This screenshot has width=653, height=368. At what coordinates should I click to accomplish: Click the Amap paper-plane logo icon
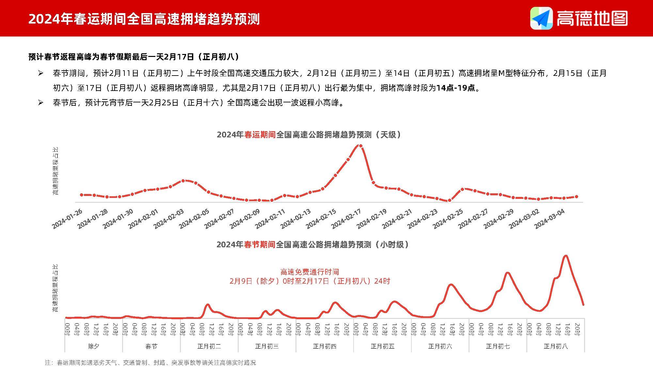[541, 18]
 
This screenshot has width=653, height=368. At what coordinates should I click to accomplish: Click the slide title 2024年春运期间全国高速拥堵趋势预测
[144, 19]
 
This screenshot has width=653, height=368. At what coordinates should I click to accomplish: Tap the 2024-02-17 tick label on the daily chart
[346, 219]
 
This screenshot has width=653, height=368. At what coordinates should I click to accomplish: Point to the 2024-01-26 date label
[67, 219]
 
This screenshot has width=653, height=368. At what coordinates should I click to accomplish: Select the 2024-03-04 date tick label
[549, 219]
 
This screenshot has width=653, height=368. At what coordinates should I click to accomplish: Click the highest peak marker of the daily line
[360, 146]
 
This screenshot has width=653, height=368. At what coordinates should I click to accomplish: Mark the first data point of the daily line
[82, 195]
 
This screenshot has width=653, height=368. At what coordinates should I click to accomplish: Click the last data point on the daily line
[576, 197]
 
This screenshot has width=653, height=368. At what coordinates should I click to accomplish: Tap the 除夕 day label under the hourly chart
[94, 346]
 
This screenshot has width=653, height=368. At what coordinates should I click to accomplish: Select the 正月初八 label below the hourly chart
[555, 346]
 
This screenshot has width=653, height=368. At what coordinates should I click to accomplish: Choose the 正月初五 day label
[382, 346]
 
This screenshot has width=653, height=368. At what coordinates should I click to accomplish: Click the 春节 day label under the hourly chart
[151, 346]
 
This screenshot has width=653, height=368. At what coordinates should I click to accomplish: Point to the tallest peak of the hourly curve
[566, 256]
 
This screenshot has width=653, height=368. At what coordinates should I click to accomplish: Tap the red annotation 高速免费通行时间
[310, 272]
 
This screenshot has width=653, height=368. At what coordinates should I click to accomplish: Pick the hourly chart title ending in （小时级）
[313, 245]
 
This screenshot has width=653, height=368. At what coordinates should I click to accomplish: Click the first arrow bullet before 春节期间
[40, 73]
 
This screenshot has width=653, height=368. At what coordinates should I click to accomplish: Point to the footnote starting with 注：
[151, 362]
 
